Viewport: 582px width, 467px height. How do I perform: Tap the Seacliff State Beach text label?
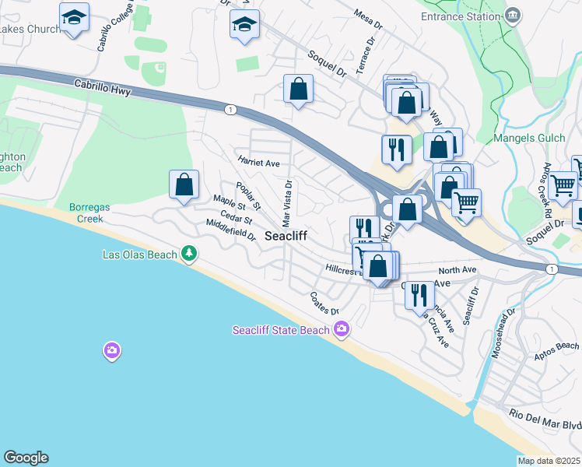coord(282,330)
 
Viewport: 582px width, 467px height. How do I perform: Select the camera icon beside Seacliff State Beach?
coord(341,331)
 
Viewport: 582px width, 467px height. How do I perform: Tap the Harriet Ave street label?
coord(258,163)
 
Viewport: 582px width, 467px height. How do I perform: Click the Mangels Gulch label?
coord(526,139)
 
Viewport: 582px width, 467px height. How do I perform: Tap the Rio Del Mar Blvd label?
coord(545,418)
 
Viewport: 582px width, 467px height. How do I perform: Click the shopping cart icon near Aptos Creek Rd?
coord(563,186)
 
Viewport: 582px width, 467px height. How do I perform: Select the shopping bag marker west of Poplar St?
coord(184,185)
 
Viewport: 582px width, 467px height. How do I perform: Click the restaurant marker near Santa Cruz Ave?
coord(419,294)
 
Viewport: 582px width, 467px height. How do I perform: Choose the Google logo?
coord(26,458)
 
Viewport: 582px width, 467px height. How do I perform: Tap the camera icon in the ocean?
coord(112,351)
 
